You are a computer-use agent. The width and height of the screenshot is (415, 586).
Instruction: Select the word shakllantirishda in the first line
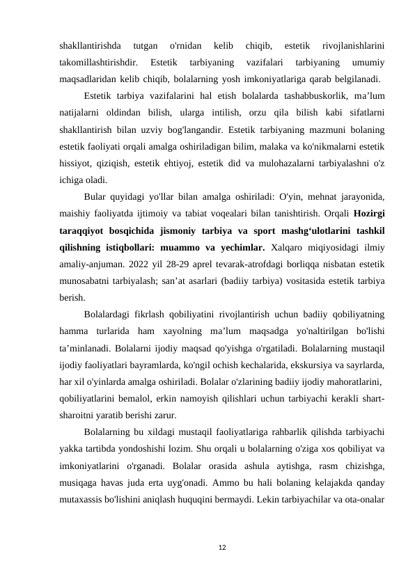pos(86,45)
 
